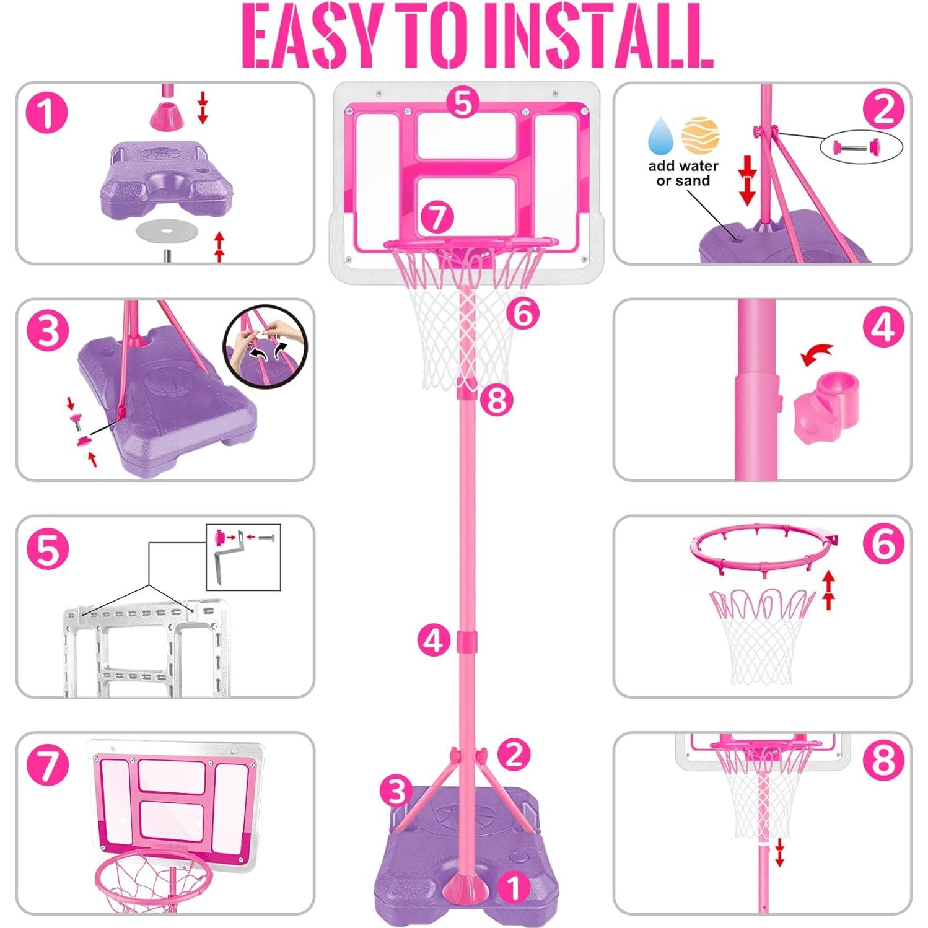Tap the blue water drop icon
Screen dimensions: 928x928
tap(661, 136)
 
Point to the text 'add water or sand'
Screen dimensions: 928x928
tap(683, 173)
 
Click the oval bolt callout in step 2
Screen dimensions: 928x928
tap(861, 147)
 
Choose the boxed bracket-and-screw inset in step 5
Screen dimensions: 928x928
tap(243, 557)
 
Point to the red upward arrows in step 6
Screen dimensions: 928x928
tap(828, 590)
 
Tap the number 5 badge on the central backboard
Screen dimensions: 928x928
tap(463, 102)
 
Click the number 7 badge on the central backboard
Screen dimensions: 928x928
tap(437, 217)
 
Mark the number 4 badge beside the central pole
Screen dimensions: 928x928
tap(434, 641)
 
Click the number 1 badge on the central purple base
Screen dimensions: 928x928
tap(514, 888)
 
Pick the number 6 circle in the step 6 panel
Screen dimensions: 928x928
tap(883, 544)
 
